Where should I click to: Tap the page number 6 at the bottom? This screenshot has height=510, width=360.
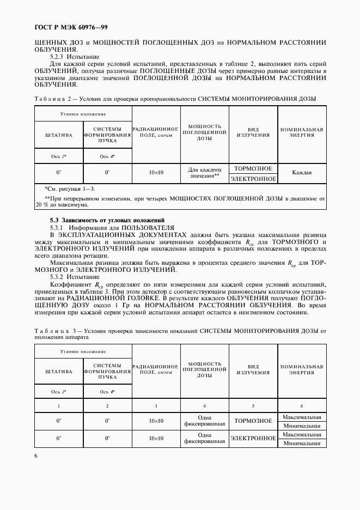[x=36, y=456]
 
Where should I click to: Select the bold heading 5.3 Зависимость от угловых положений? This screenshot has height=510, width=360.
[x=103, y=220]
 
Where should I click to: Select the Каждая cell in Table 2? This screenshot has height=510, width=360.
[x=302, y=173]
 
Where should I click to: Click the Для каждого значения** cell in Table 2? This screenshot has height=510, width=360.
[x=204, y=173]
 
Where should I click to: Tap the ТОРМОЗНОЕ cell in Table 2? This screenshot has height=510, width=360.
[x=253, y=168]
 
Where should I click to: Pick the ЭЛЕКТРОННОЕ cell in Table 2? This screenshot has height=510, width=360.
[x=253, y=178]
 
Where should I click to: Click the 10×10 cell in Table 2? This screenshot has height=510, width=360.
[x=156, y=173]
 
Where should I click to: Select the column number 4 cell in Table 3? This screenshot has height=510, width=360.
[x=204, y=406]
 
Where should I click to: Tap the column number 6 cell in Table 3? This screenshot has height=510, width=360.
[x=302, y=406]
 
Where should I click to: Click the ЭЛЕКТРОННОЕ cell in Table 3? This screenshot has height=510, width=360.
[x=253, y=439]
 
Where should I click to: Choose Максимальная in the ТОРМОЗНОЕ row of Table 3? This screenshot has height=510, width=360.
[x=302, y=417]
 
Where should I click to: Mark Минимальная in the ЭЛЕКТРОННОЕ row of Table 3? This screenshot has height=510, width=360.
[x=302, y=444]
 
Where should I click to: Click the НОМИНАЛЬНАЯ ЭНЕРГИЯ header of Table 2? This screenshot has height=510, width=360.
[x=302, y=132]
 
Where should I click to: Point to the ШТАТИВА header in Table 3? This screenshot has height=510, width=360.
[x=59, y=372]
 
